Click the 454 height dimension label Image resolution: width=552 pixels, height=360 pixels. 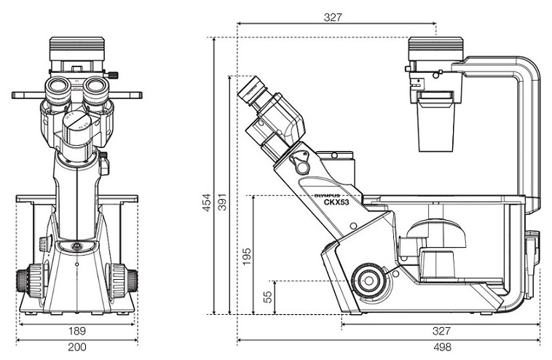tap(207, 203)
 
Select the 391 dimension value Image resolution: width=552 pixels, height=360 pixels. tap(222, 203)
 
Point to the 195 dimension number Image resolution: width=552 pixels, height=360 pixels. tap(247, 257)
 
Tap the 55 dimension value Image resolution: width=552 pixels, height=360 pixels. tap(267, 297)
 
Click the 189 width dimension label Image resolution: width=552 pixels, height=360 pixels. tap(76, 331)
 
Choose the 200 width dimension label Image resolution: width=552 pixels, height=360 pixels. tap(76, 348)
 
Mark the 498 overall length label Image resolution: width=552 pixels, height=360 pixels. tap(442, 348)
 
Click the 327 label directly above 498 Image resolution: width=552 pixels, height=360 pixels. tap(441, 331)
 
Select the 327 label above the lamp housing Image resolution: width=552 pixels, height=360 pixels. tap(333, 17)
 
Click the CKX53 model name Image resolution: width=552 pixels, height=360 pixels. tap(336, 202)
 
